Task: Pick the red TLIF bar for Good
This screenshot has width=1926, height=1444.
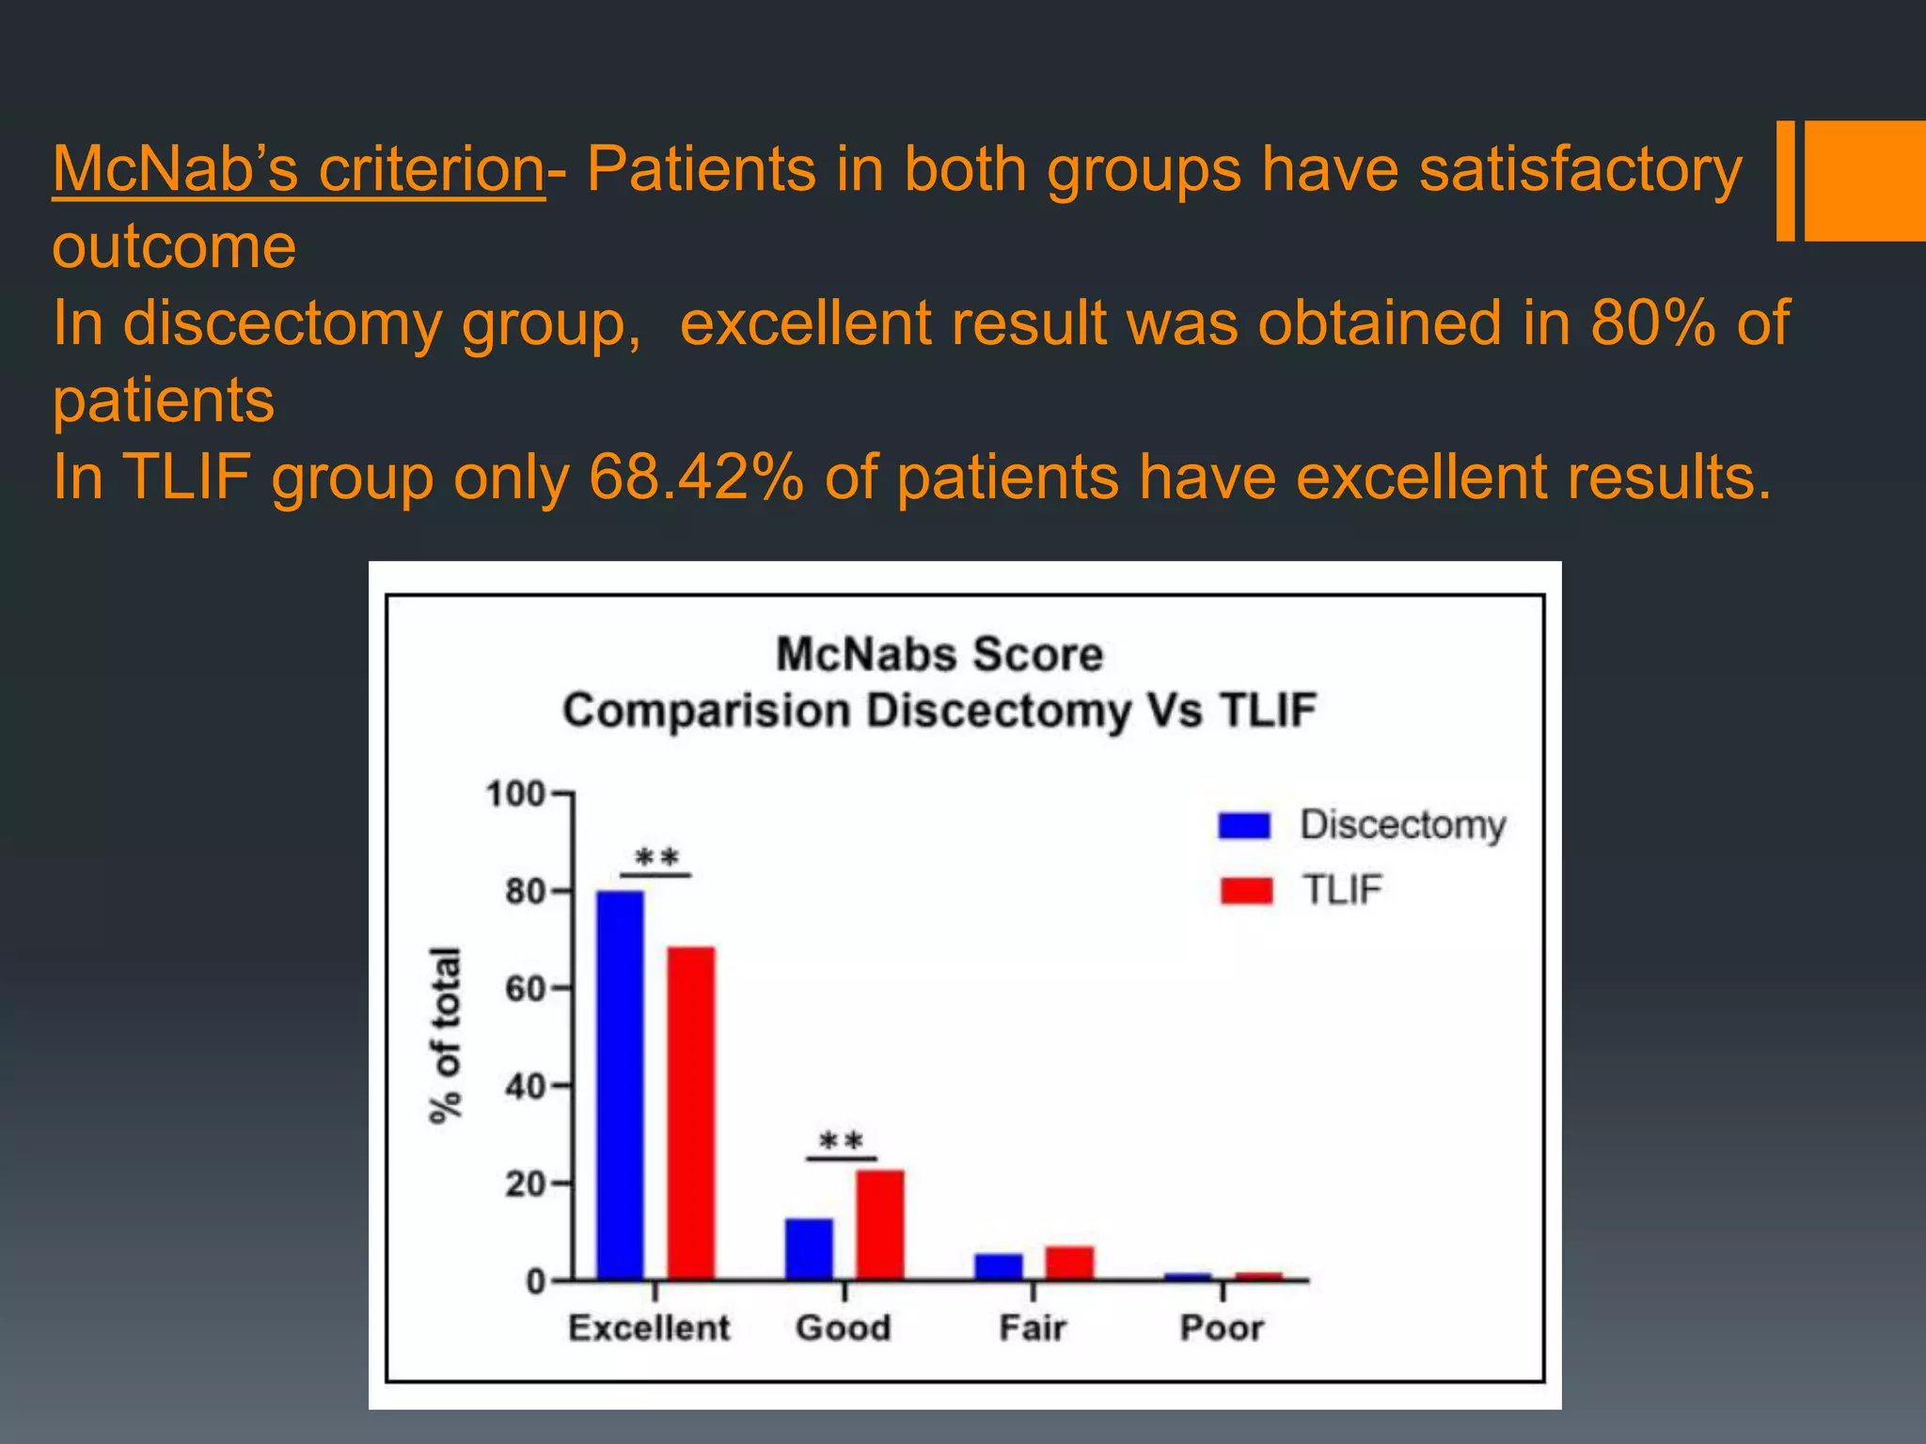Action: [880, 1224]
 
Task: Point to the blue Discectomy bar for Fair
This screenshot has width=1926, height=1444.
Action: [999, 1266]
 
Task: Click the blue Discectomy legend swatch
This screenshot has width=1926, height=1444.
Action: [1244, 825]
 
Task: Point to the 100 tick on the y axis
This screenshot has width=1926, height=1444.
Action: [515, 794]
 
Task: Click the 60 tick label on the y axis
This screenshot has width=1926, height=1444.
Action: [525, 989]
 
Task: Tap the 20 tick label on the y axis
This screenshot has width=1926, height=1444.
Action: [525, 1184]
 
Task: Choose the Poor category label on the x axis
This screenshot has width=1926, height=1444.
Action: [1222, 1328]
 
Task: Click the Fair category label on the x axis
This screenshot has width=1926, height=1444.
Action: [1032, 1328]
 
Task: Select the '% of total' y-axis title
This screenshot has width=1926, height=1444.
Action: [446, 1034]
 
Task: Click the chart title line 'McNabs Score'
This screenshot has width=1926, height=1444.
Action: [939, 653]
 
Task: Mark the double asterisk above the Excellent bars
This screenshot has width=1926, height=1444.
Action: [656, 857]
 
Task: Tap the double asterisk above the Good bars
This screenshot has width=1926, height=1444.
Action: [841, 1141]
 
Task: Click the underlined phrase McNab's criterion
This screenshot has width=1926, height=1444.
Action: [298, 169]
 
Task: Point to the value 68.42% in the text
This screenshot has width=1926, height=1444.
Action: [696, 477]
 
